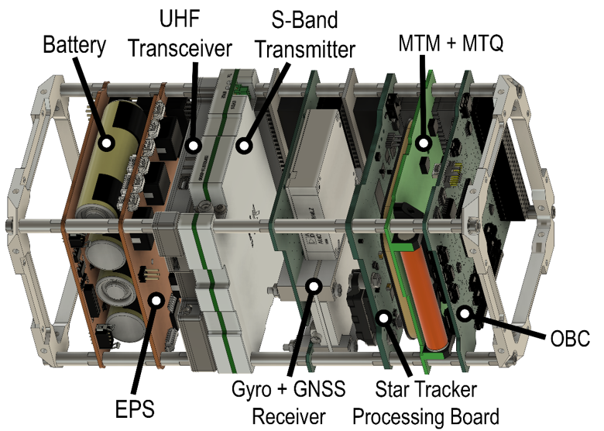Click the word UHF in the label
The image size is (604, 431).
point(179,18)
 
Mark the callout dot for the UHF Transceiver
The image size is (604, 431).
point(193,143)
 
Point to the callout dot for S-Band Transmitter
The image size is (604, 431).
point(246,143)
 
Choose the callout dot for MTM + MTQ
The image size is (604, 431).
point(423,143)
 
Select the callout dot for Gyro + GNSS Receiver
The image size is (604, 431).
point(314,286)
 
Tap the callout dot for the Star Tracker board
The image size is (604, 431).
point(382,315)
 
